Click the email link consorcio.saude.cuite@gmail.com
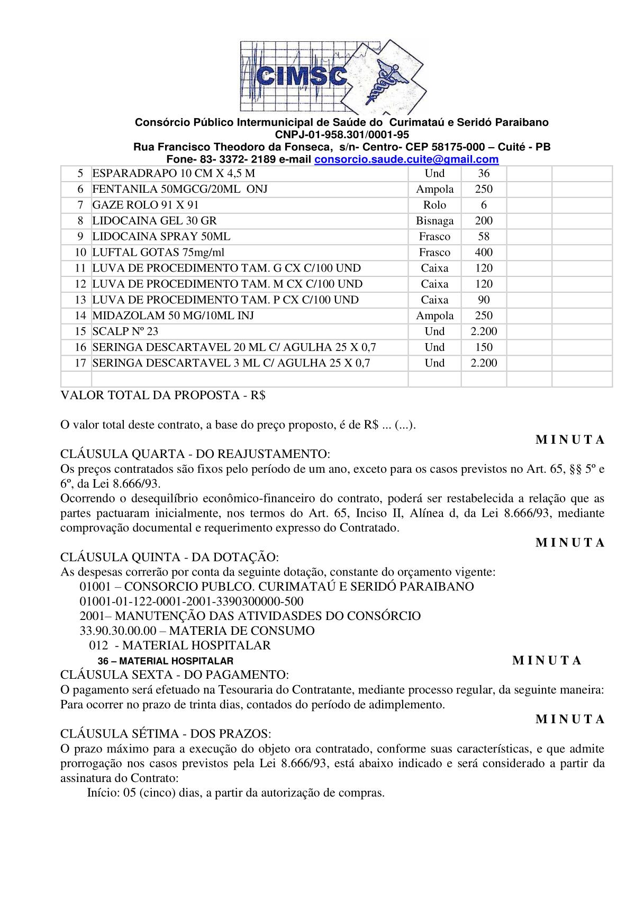406,159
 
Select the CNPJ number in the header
342,134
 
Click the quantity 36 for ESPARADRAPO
484,174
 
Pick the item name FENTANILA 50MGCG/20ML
180,189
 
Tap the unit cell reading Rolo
434,205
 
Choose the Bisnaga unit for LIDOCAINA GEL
434,221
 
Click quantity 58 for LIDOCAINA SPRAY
484,237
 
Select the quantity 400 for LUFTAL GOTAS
484,253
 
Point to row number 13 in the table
80,300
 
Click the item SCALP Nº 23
125,331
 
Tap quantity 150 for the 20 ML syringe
484,347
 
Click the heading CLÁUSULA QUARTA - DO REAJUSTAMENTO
195,454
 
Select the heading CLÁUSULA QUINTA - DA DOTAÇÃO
169,557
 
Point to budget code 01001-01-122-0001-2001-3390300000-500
192,601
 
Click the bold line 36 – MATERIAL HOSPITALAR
166,661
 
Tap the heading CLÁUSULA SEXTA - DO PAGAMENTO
175,675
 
